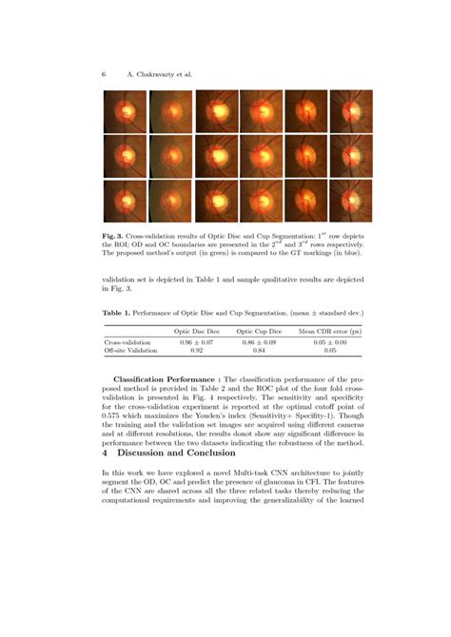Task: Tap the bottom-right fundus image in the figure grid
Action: tap(351, 201)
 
